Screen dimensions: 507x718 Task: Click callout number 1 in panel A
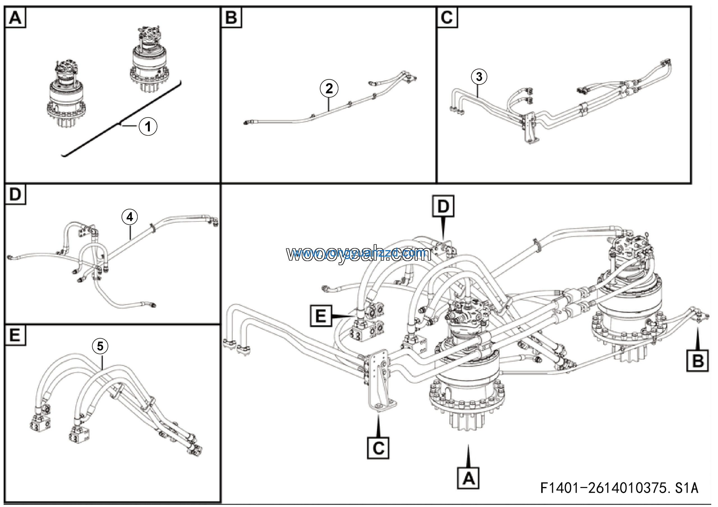click(148, 126)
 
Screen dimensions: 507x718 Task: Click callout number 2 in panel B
click(329, 88)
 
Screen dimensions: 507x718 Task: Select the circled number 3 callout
click(479, 77)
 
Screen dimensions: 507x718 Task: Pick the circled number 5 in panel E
click(100, 346)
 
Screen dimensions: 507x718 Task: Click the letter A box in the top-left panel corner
click(15, 17)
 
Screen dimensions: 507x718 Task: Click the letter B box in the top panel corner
click(231, 17)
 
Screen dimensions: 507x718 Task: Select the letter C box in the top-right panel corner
click(447, 17)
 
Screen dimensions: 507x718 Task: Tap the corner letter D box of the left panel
click(15, 194)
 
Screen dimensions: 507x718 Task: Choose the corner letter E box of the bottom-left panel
click(15, 335)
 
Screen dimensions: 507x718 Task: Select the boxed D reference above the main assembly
click(443, 206)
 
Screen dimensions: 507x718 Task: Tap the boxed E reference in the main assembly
click(321, 316)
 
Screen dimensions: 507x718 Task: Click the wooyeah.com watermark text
click(359, 254)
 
